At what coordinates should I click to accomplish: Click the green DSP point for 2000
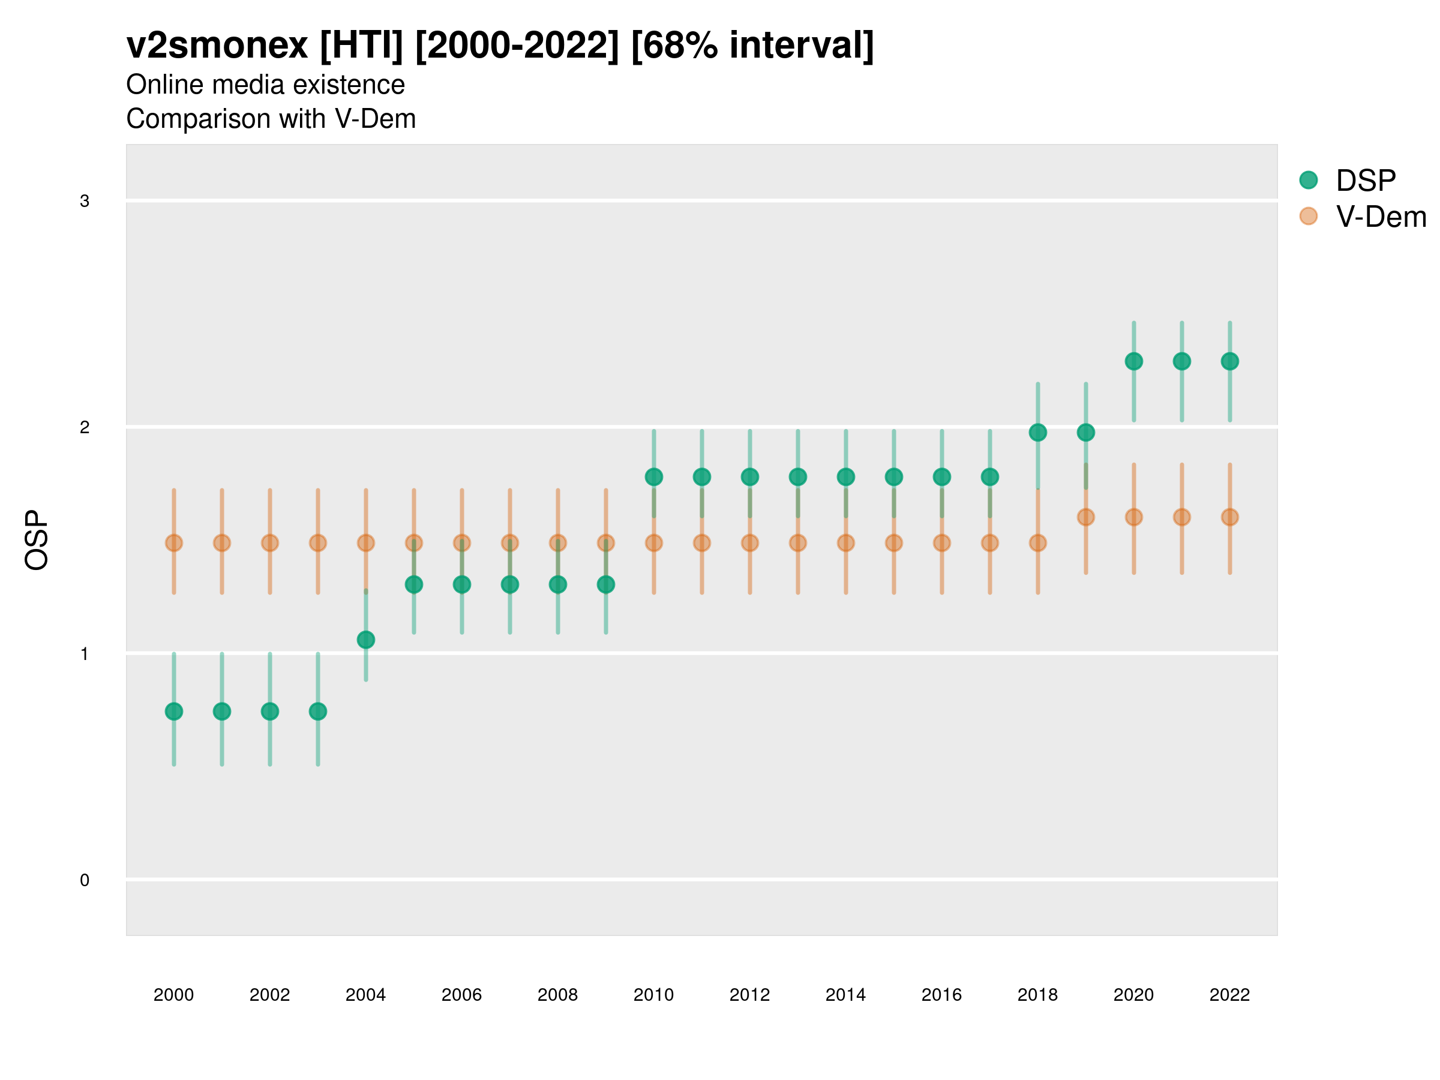pyautogui.click(x=174, y=712)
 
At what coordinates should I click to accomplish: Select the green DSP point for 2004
pyautogui.click(x=366, y=640)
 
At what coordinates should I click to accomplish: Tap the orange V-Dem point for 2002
pyautogui.click(x=270, y=543)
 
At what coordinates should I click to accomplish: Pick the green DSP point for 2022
pyautogui.click(x=1230, y=361)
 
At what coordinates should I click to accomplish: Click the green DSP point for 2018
pyautogui.click(x=1037, y=432)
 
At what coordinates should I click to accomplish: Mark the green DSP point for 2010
pyautogui.click(x=653, y=477)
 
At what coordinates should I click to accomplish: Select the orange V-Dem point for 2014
pyautogui.click(x=845, y=543)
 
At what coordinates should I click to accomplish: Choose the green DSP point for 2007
pyautogui.click(x=510, y=584)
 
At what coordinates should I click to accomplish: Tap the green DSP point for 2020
pyautogui.click(x=1134, y=361)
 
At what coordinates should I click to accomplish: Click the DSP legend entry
pyautogui.click(x=1365, y=181)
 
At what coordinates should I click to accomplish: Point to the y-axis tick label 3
pyautogui.click(x=85, y=201)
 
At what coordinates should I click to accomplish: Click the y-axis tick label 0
pyautogui.click(x=85, y=880)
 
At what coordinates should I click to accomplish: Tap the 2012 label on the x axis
pyautogui.click(x=750, y=995)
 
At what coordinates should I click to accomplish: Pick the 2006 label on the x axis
pyautogui.click(x=461, y=995)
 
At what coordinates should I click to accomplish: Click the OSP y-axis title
pyautogui.click(x=37, y=541)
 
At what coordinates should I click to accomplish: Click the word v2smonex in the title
pyautogui.click(x=217, y=46)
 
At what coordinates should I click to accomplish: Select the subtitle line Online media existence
pyautogui.click(x=266, y=85)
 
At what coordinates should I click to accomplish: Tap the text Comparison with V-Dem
pyautogui.click(x=271, y=119)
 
